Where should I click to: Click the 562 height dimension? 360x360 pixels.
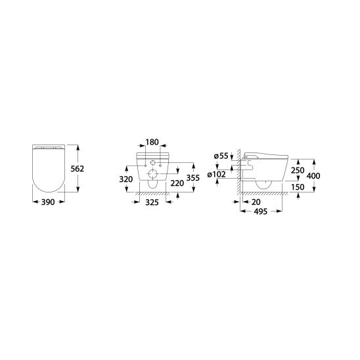point(78,169)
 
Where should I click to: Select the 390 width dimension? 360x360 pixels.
point(48,202)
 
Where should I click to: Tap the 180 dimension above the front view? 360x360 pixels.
point(152,142)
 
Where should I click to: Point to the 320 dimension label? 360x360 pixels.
point(126,179)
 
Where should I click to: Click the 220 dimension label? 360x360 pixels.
point(177,183)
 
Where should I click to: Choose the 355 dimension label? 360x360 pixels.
point(193,178)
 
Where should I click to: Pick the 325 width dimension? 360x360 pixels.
point(152,202)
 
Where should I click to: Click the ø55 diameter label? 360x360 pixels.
point(221,156)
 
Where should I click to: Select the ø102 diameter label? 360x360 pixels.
point(216,175)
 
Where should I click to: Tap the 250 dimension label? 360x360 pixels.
point(298,170)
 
